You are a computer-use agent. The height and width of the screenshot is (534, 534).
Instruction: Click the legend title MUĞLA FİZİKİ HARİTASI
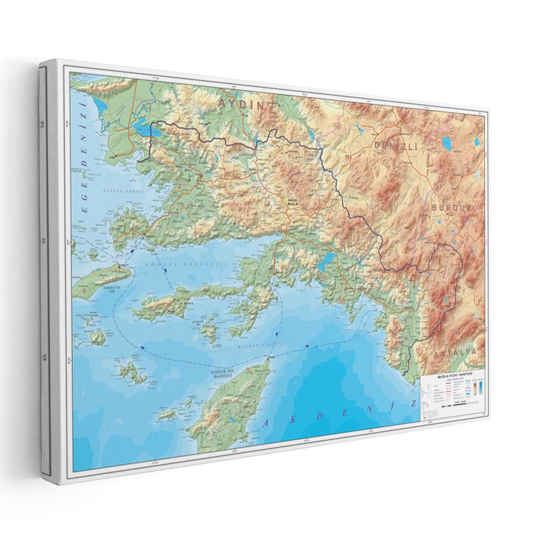tap(452, 376)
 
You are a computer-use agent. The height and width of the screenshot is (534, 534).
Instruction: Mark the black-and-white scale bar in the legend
tap(454, 404)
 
